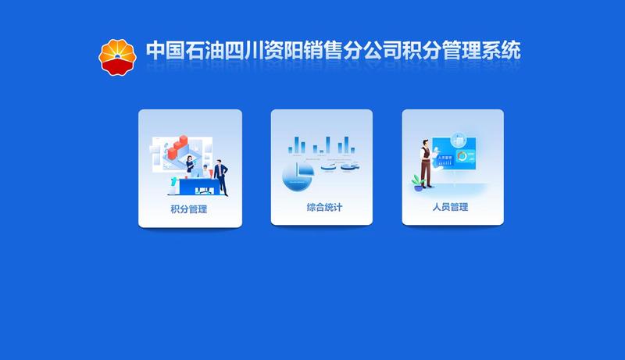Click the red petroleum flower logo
coord(117,57)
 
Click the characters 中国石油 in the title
coord(184,51)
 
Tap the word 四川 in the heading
coord(244,51)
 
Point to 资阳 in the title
coord(283,51)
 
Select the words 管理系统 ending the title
coord(481,51)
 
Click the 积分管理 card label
coord(189,209)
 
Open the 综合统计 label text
coord(324,207)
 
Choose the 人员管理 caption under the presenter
coord(451,207)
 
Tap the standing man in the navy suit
coord(221,177)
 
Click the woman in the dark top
coord(190,164)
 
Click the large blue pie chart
coord(298,176)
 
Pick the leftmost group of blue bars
coord(297,145)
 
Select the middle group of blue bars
coord(322,145)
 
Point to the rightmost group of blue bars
coord(346,145)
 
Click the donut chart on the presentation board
coord(462,156)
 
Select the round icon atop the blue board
coord(459,141)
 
